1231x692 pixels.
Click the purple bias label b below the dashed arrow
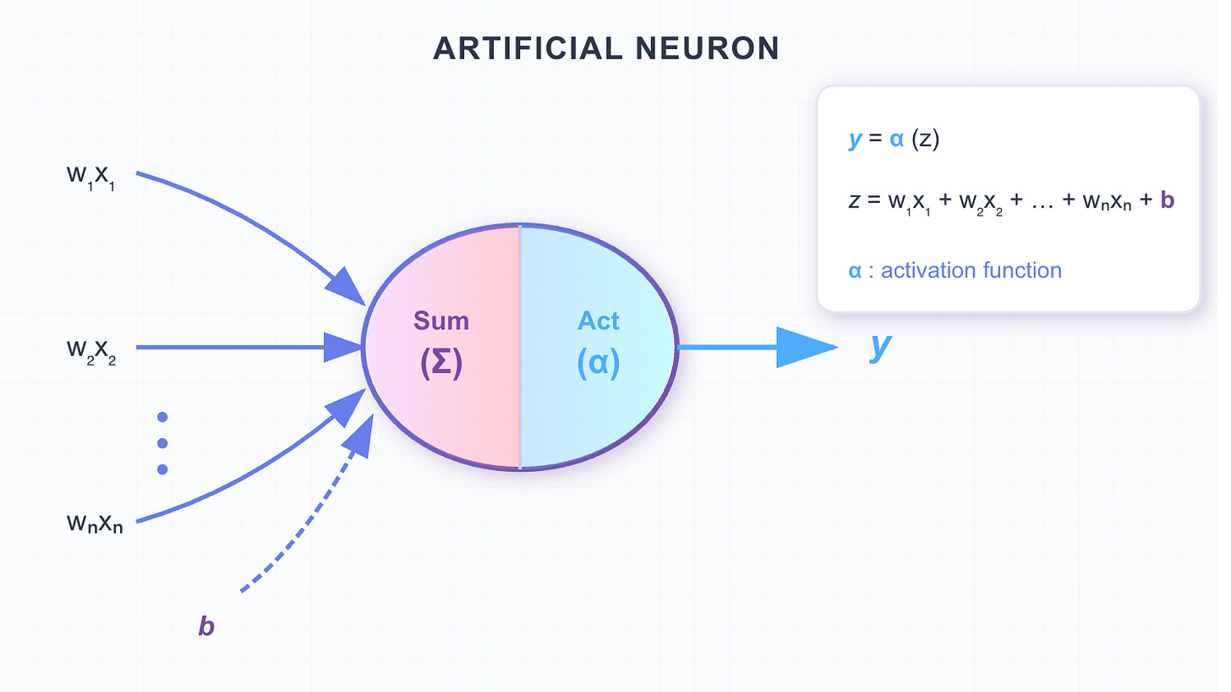[x=205, y=627]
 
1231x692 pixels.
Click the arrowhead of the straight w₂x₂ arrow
[x=344, y=347]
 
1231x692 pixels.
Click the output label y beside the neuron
[x=880, y=346]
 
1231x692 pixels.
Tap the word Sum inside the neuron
[x=440, y=321]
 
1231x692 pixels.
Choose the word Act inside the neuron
[x=598, y=321]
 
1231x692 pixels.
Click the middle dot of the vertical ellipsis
[x=162, y=443]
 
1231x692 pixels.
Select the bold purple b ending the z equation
[x=1169, y=201]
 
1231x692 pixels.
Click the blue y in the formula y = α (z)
[x=855, y=139]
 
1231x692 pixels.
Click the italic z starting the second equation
[x=854, y=201]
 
